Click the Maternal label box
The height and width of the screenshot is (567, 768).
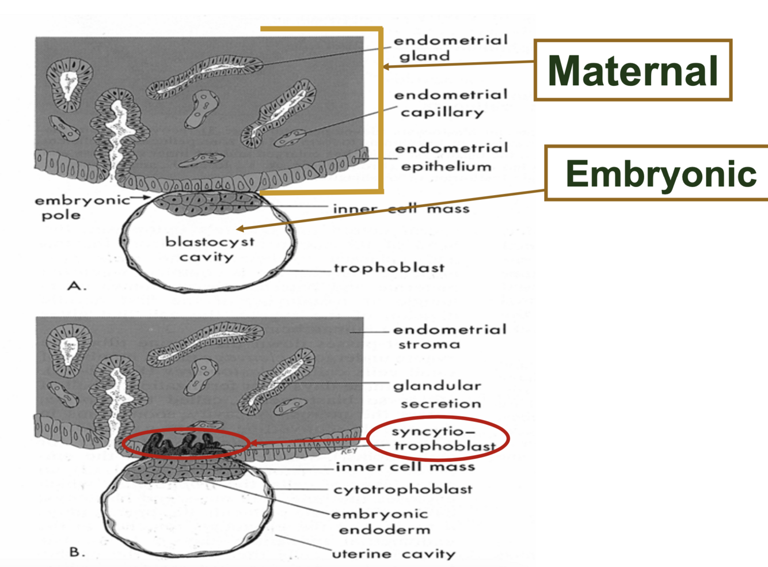633,70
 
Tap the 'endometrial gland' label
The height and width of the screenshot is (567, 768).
450,48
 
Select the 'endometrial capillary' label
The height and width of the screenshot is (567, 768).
450,103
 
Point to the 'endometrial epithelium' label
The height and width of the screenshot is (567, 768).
451,157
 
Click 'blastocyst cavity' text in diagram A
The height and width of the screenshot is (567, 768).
209,249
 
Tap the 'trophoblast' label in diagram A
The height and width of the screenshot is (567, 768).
389,268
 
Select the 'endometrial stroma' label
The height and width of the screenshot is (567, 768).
449,337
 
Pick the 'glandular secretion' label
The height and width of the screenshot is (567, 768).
438,394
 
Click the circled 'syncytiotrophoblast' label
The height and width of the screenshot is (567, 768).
439,439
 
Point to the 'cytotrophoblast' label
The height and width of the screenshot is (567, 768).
403,489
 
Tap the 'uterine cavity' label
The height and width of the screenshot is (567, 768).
394,554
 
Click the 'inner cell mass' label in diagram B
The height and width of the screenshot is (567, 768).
405,466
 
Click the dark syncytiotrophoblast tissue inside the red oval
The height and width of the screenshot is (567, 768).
184,444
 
